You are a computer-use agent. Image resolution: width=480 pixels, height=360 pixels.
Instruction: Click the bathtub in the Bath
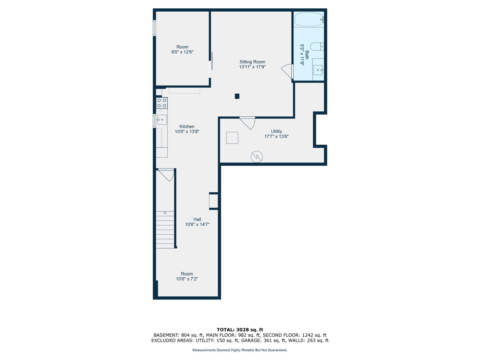[x=309, y=19]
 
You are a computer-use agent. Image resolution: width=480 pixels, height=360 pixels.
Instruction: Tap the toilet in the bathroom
[x=317, y=46]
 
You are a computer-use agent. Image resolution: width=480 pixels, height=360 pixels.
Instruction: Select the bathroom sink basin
[x=317, y=70]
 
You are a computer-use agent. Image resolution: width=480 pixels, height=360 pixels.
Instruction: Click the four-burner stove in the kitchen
[x=162, y=103]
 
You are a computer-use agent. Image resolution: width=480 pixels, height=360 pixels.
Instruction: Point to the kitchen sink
[x=162, y=120]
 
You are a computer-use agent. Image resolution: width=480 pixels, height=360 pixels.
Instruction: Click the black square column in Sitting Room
[x=237, y=96]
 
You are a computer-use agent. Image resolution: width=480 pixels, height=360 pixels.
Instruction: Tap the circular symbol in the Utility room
[x=256, y=157]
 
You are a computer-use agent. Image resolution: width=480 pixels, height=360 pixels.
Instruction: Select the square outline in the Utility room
[x=232, y=138]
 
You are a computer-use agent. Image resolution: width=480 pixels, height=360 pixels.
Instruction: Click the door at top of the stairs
[x=166, y=175]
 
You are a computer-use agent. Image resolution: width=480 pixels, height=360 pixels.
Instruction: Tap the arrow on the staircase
[x=165, y=212]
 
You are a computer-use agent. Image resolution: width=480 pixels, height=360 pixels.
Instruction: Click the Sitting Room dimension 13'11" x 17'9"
[x=252, y=67]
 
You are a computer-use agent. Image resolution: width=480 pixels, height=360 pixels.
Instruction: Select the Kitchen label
[x=187, y=126]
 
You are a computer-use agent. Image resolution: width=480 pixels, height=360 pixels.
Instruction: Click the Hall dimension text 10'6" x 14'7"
[x=197, y=224]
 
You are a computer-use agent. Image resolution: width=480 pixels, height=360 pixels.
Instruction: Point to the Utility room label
[x=276, y=131]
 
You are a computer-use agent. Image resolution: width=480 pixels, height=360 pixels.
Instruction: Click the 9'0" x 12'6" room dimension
[x=182, y=52]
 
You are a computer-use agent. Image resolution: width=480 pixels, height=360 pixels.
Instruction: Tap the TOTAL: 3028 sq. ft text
[x=240, y=330]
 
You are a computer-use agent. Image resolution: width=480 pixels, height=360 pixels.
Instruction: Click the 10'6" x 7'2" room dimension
[x=187, y=279]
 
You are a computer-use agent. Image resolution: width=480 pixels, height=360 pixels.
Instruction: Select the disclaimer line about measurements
[x=240, y=350]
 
